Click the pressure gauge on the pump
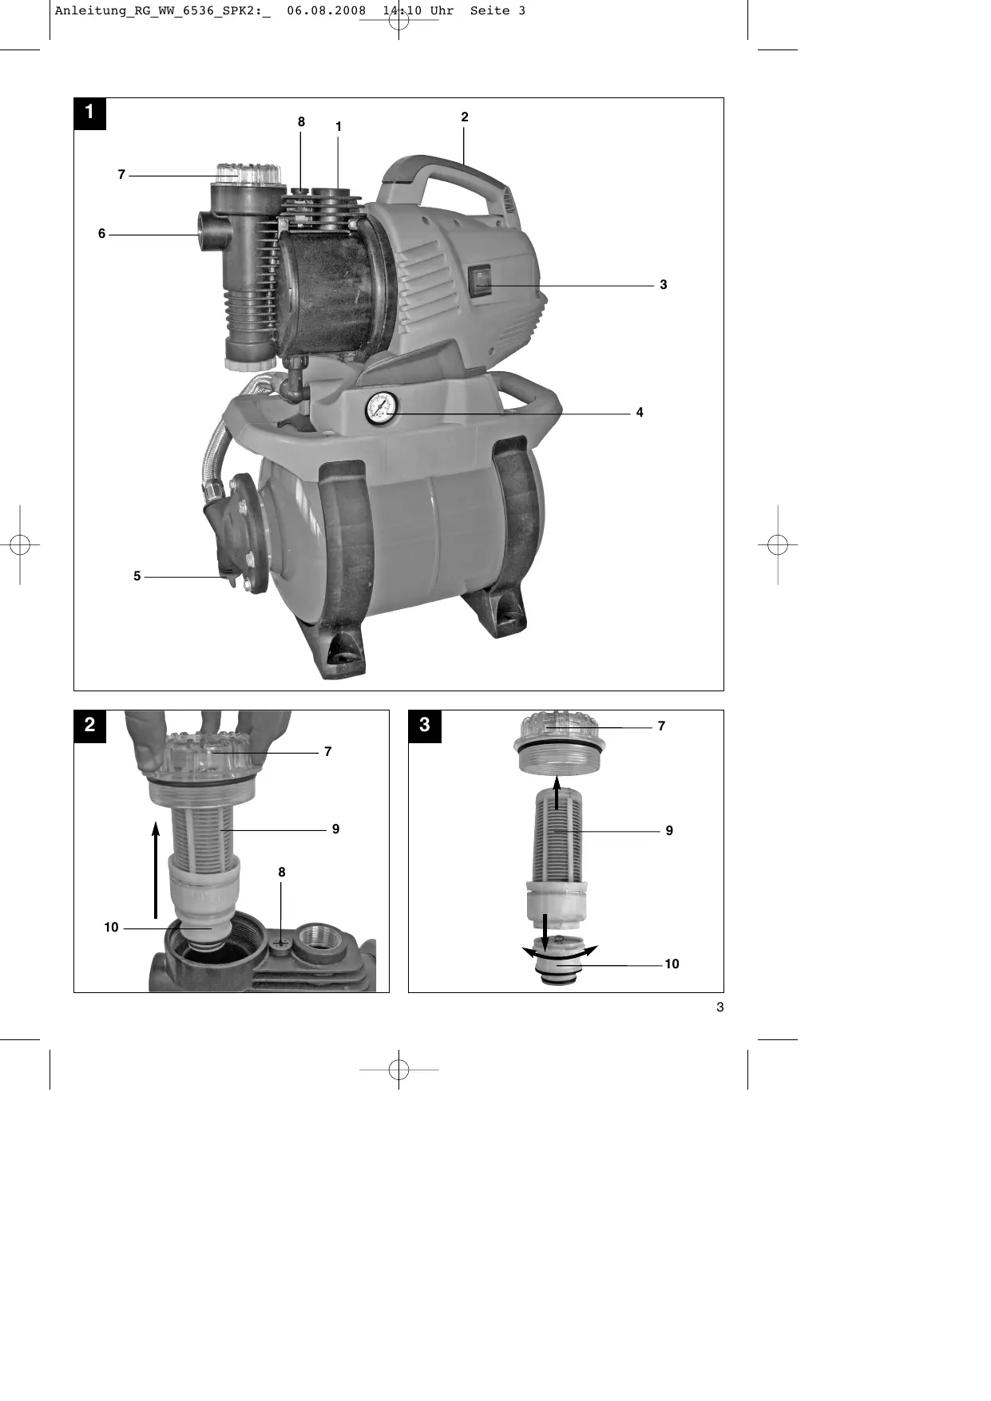click(x=382, y=408)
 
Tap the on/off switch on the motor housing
click(x=479, y=281)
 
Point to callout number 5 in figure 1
click(x=137, y=576)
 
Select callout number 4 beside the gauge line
click(x=640, y=413)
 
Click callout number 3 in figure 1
click(x=664, y=285)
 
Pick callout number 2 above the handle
click(x=465, y=117)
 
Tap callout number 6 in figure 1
click(x=101, y=234)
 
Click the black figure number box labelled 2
click(x=90, y=725)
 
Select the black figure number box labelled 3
click(x=425, y=725)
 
